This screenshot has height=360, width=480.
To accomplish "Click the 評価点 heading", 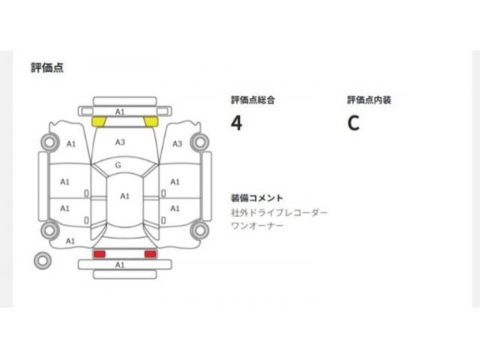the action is tap(47, 67).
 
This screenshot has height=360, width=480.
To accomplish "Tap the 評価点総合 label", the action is tap(253, 100).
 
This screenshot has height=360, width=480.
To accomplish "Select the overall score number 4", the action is tap(236, 123).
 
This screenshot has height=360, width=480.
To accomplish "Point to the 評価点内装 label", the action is tap(369, 100).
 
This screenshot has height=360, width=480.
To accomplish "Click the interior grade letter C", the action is tap(353, 123).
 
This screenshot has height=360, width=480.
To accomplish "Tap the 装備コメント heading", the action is tap(256, 198).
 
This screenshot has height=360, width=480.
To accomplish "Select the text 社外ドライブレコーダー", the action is tap(279, 212).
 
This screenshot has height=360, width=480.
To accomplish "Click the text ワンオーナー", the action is tap(257, 226).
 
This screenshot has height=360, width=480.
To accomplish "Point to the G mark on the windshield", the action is tap(118, 165).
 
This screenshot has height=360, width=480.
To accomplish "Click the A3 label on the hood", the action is tap(120, 142).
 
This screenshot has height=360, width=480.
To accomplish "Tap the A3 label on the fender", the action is tap(177, 144).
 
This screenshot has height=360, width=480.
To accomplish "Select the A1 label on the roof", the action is tap(124, 196).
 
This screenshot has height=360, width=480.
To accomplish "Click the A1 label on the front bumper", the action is tap(120, 112).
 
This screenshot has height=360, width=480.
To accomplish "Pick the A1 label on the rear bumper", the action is tap(120, 265).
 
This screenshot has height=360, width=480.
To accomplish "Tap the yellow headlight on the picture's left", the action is tap(98, 121).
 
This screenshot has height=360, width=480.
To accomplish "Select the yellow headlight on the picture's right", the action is tap(151, 121).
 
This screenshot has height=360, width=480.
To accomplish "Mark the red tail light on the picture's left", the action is tap(100, 254).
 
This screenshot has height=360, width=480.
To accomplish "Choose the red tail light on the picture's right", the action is tap(150, 254).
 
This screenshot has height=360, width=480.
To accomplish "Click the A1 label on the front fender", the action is tap(71, 144).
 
